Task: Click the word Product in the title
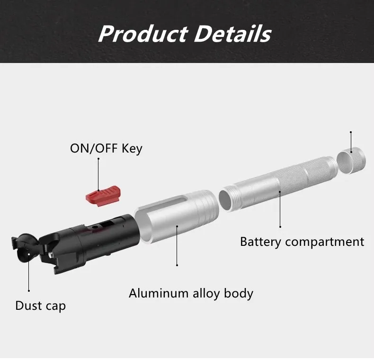143,34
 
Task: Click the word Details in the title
232,34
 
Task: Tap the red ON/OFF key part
103,196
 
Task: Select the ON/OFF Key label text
106,148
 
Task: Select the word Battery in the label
261,242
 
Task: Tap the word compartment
325,242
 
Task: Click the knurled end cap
351,160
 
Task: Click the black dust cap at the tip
25,248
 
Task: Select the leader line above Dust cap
28,272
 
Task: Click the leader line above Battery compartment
280,209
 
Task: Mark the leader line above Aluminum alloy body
177,246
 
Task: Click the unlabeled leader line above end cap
351,142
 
